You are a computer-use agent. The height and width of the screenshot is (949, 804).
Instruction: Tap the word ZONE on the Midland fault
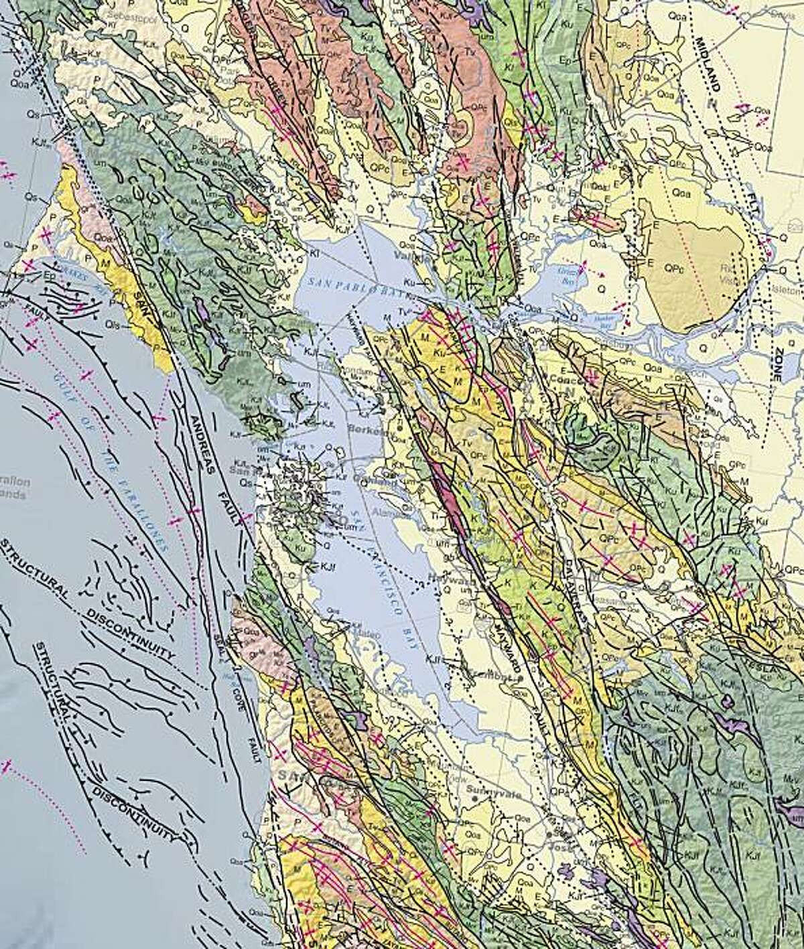coord(777,361)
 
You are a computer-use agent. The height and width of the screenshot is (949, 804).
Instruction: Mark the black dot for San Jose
coord(549,834)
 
